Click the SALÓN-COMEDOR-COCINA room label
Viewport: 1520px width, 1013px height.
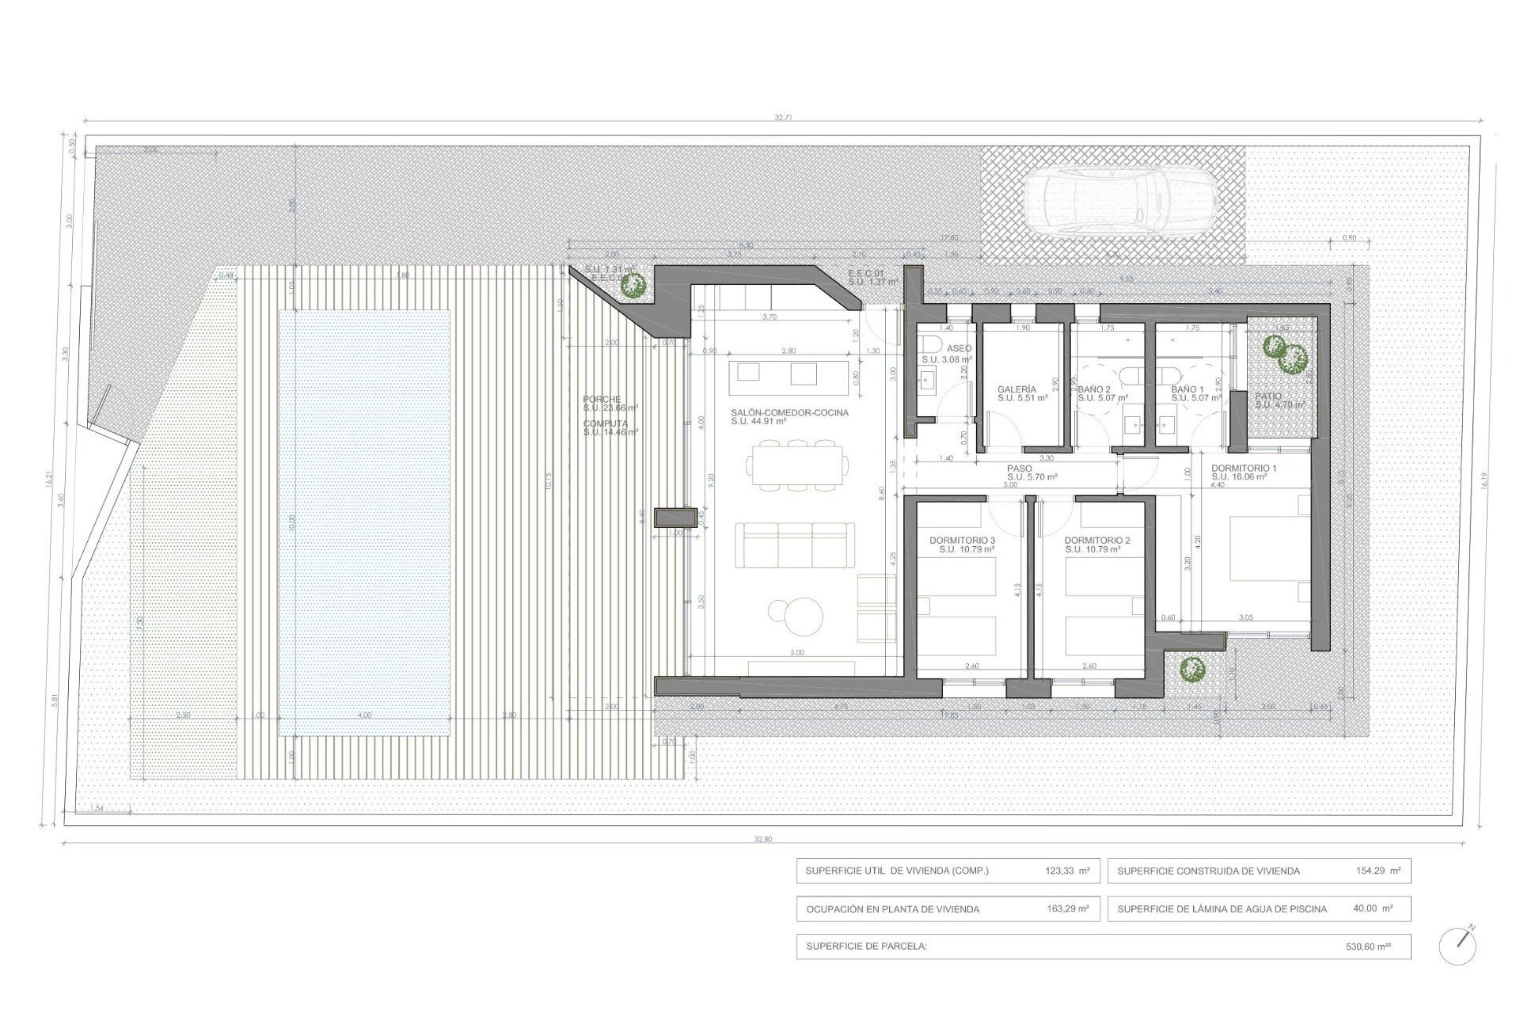click(x=789, y=412)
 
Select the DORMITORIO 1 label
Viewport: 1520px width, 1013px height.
click(x=1244, y=469)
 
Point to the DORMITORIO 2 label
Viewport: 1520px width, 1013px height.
click(x=1097, y=541)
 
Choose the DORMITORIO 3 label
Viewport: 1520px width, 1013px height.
click(x=962, y=541)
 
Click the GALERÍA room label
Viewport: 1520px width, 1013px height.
click(x=1016, y=389)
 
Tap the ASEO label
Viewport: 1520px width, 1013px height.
click(x=959, y=348)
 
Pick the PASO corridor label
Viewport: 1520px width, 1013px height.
click(x=1020, y=469)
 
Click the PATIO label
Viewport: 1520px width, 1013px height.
click(x=1268, y=396)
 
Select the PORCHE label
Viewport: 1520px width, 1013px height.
click(x=602, y=400)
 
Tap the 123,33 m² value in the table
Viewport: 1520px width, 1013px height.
click(x=1066, y=871)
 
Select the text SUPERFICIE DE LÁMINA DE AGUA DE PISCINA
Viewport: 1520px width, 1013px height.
click(x=1222, y=909)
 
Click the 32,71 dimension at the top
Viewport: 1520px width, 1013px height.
click(x=783, y=117)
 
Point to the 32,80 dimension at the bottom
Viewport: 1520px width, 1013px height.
click(x=762, y=839)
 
